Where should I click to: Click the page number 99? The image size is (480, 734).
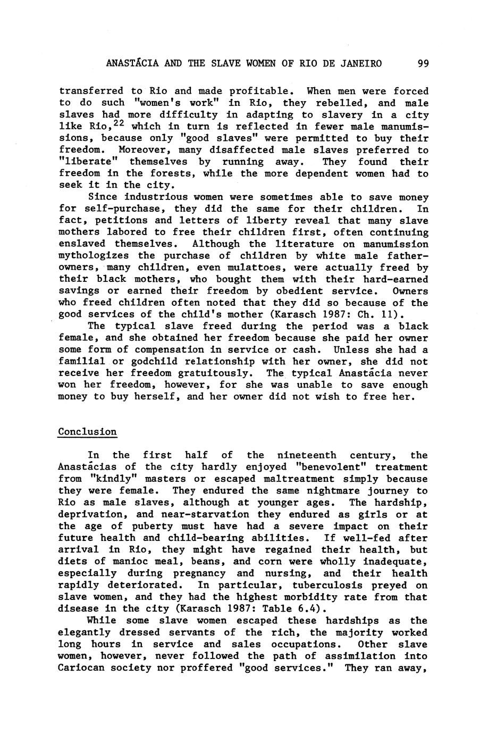(x=423, y=64)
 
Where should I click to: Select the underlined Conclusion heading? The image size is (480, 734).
(x=87, y=432)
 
